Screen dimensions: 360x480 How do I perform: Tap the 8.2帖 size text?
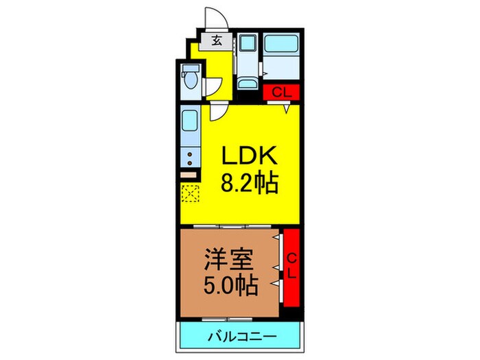(x=249, y=184)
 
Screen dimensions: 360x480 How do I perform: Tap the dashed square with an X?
(x=189, y=195)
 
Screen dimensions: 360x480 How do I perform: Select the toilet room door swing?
(x=215, y=88)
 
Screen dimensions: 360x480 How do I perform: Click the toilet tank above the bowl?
(x=189, y=69)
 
